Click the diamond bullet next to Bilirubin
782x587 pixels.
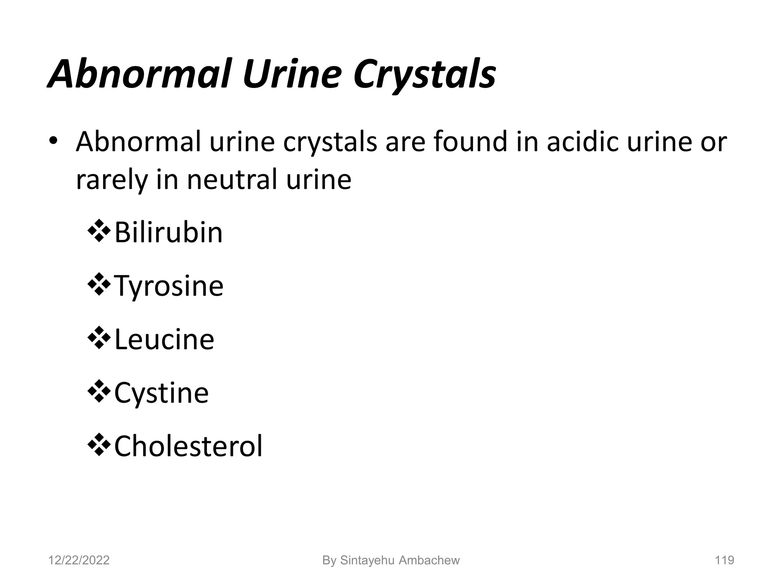[99, 231]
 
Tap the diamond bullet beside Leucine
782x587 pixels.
[99, 338]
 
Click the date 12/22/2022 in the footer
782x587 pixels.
[79, 560]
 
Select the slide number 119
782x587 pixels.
[724, 560]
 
